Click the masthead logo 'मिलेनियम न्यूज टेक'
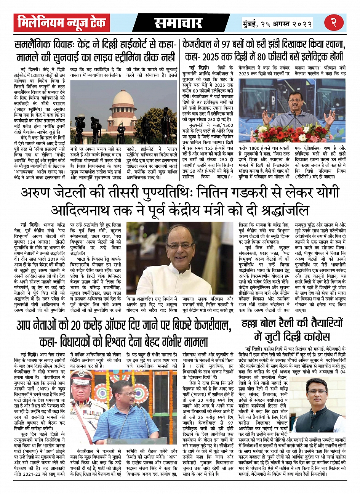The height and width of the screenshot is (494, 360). tap(62, 23)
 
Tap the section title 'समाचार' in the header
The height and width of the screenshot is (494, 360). tap(178, 23)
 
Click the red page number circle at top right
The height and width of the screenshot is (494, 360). tap(334, 23)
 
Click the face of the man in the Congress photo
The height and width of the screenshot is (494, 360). tap(317, 392)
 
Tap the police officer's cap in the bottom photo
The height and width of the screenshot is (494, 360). tap(82, 377)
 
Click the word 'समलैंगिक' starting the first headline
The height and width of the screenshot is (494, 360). tap(35, 45)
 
